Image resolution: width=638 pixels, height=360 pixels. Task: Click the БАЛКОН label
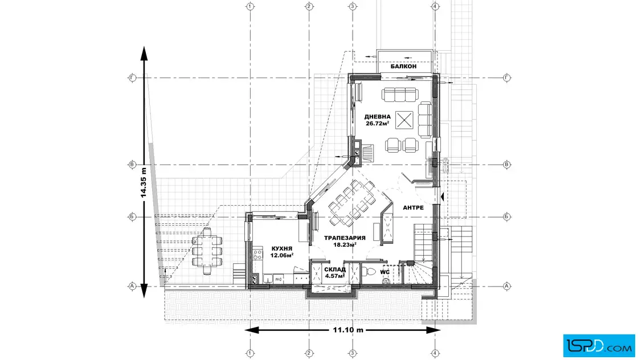(403, 66)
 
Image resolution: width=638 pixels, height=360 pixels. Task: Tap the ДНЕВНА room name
(377, 117)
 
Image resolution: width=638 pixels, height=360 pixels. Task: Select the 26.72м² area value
(377, 123)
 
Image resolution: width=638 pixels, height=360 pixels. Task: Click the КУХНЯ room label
(281, 248)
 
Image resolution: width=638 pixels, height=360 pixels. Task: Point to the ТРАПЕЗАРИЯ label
(345, 238)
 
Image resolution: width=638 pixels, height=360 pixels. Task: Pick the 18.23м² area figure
(345, 244)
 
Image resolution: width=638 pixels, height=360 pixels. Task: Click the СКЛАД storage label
(335, 269)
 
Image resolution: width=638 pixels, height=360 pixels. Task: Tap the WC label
(385, 272)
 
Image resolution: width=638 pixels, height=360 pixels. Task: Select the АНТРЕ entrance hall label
(413, 207)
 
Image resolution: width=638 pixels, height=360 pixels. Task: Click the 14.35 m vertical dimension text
(143, 183)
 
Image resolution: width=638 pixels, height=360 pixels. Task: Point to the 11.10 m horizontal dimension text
(348, 330)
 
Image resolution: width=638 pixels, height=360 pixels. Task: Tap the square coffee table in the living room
(404, 120)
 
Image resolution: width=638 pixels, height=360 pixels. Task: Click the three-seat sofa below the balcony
(399, 95)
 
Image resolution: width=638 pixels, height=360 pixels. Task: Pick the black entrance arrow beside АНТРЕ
(442, 197)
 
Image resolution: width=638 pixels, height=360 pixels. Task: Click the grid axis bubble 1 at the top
(250, 6)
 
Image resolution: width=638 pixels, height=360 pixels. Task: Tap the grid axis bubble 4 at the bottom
(435, 354)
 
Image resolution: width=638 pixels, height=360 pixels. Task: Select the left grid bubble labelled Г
(132, 77)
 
